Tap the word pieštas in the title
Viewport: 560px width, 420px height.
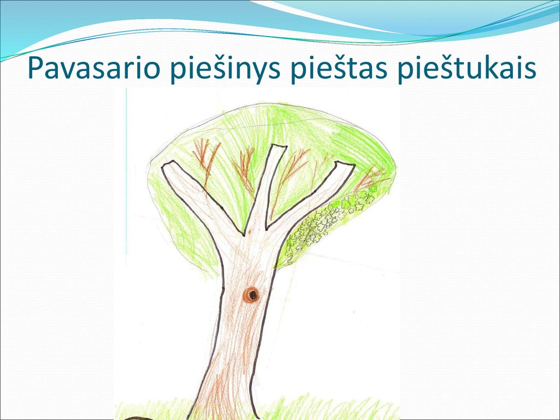(x=339, y=68)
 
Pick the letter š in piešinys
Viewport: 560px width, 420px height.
(x=215, y=67)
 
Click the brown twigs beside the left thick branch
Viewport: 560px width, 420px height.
(x=206, y=161)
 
